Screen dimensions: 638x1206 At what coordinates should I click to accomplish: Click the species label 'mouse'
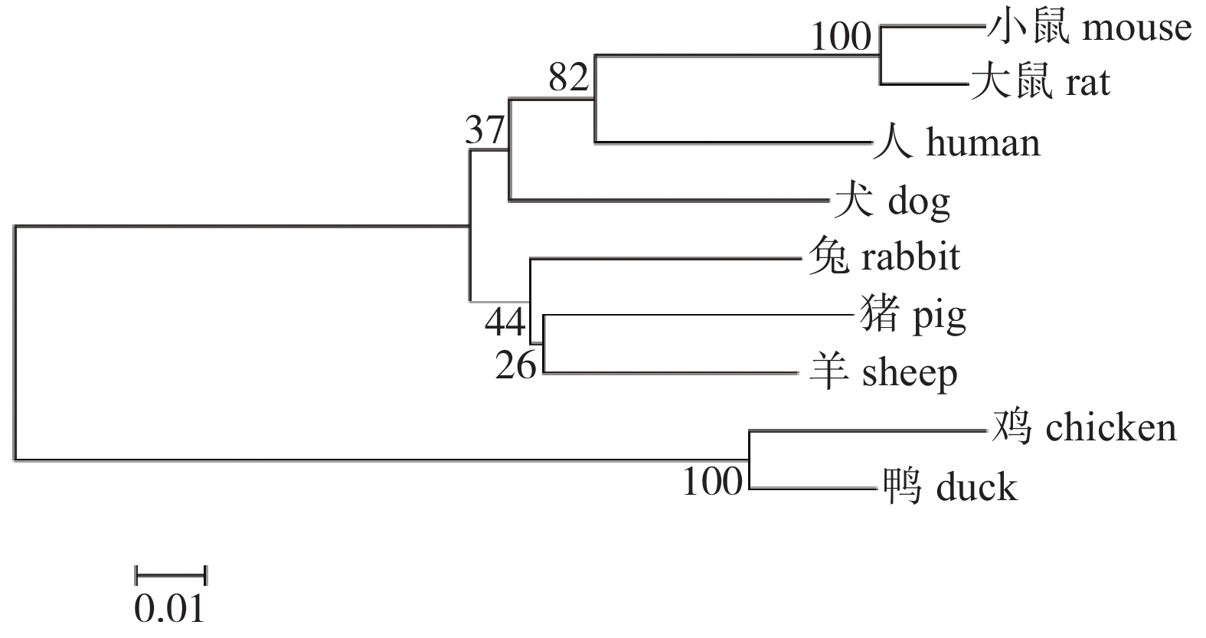click(x=1137, y=28)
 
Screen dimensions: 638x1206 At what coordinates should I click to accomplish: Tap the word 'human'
click(x=983, y=143)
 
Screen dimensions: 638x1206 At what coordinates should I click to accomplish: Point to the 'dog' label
click(x=919, y=202)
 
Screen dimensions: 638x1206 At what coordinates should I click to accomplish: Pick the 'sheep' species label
click(x=910, y=374)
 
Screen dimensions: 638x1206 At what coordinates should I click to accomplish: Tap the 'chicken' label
click(x=1111, y=427)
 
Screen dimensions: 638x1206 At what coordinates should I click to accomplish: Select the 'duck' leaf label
click(x=977, y=487)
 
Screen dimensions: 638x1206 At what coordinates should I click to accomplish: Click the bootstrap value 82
click(x=568, y=77)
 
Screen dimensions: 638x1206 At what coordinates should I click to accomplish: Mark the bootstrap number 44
click(x=505, y=322)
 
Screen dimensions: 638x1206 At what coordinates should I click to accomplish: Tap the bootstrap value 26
click(x=515, y=366)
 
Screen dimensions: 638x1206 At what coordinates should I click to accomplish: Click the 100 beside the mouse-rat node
click(x=841, y=36)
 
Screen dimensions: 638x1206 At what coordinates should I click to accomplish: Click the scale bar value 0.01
click(x=169, y=608)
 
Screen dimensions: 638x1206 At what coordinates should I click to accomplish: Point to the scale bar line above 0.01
click(x=171, y=574)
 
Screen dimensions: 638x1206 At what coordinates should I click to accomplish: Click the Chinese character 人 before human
click(x=892, y=143)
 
